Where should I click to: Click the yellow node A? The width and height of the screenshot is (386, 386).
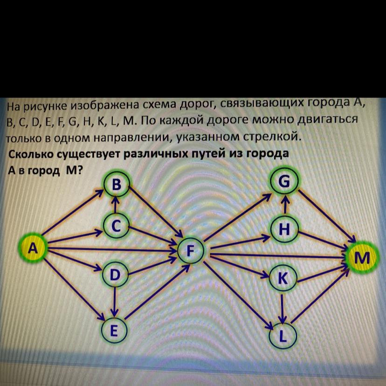32,248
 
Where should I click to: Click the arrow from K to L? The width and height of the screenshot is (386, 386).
283,306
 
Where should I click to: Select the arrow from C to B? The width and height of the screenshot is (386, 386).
117,205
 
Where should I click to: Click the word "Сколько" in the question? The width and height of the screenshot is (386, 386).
33,154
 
